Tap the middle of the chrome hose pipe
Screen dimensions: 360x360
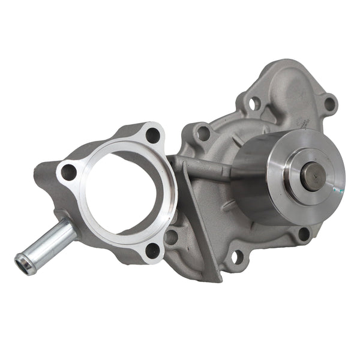pyautogui.click(x=48, y=243)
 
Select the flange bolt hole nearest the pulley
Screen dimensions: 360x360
pyautogui.click(x=154, y=134)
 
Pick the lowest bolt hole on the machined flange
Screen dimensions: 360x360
pyautogui.click(x=154, y=249)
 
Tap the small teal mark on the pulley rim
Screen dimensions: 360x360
pyautogui.click(x=340, y=191)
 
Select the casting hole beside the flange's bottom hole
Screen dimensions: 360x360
pyautogui.click(x=171, y=236)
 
